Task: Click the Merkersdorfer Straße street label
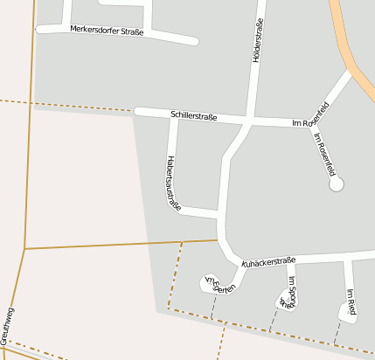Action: (x=108, y=31)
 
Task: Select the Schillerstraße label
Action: (x=194, y=115)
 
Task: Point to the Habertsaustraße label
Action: (x=173, y=183)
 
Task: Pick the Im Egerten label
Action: (x=219, y=285)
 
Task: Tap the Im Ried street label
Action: (x=351, y=301)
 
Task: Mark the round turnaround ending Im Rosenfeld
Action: (x=337, y=184)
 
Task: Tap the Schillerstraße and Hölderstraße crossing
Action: (x=252, y=119)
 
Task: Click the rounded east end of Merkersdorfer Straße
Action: (x=193, y=40)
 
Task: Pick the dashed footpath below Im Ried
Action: (x=337, y=332)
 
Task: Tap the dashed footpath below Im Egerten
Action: (x=212, y=306)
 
